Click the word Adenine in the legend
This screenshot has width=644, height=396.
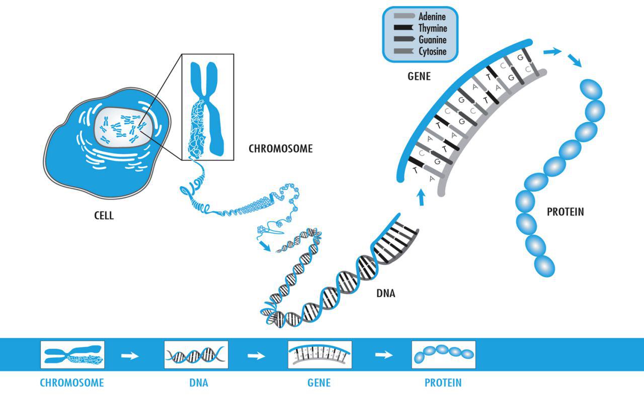click(x=432, y=17)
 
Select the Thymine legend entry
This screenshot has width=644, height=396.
click(x=432, y=29)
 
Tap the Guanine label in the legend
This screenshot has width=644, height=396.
click(x=432, y=40)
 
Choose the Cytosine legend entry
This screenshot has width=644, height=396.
click(x=432, y=51)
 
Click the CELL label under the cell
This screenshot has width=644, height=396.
click(x=104, y=216)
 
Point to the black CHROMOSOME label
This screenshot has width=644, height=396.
click(x=281, y=149)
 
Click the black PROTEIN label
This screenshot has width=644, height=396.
click(x=566, y=212)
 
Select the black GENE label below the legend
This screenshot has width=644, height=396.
click(x=419, y=77)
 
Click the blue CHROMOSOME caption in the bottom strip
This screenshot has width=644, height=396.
click(x=72, y=383)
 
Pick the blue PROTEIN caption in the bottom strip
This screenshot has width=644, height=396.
click(x=443, y=383)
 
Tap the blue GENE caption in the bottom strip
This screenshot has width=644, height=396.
click(x=319, y=383)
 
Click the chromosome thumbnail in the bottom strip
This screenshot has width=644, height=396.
click(x=72, y=355)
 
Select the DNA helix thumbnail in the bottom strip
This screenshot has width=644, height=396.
click(x=196, y=355)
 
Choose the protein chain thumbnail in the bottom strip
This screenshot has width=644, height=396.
click(x=443, y=355)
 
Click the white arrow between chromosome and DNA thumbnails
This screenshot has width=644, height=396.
click(x=130, y=355)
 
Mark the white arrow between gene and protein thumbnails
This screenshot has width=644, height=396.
click(x=384, y=355)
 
